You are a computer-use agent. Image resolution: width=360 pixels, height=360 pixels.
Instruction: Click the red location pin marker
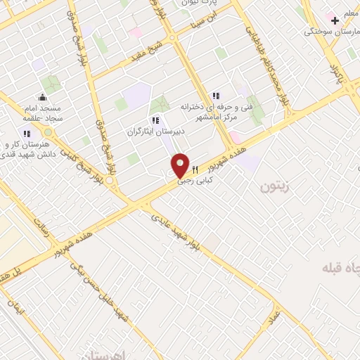pyautogui.click(x=181, y=165)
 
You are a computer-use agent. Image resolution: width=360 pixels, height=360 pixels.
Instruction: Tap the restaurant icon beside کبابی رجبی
pyautogui.click(x=195, y=169)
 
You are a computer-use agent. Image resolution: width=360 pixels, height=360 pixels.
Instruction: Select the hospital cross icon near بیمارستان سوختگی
pyautogui.click(x=335, y=20)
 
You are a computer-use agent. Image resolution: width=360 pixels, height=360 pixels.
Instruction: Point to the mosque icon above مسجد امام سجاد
pyautogui.click(x=43, y=97)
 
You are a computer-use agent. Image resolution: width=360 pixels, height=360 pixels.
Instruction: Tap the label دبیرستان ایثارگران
pyautogui.click(x=155, y=131)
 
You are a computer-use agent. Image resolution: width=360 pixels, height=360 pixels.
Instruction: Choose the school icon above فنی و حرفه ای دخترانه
pyautogui.click(x=216, y=96)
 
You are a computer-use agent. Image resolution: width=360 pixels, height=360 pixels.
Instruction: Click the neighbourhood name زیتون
pyautogui.click(x=275, y=186)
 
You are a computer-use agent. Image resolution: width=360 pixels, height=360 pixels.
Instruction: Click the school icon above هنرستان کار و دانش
pyautogui.click(x=27, y=134)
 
